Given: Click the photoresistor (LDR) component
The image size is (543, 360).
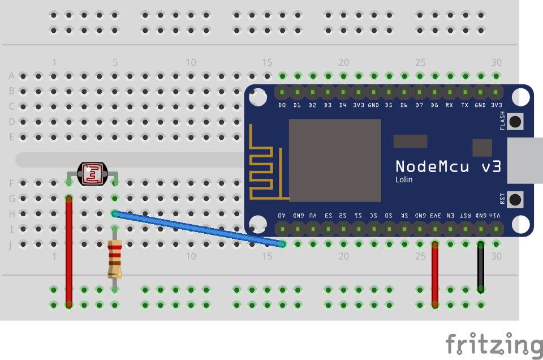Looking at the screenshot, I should tap(92, 174).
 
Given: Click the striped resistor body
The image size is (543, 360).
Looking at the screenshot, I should tap(115, 259).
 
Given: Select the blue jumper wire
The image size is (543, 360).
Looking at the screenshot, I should tap(198, 229).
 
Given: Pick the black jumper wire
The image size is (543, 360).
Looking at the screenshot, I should tap(481, 267).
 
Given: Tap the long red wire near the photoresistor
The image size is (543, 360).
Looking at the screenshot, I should tap(69, 252).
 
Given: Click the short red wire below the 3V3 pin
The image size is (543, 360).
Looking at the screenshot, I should tap(435, 275).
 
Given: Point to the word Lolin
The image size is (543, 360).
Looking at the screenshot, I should tap(404, 180).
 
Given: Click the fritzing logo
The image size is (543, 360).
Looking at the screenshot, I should tap(493, 344).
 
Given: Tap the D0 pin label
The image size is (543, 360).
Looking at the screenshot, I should tap(282, 105).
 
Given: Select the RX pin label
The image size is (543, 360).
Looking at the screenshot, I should tap(449, 105).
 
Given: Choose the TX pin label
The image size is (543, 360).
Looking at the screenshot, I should tap(464, 105).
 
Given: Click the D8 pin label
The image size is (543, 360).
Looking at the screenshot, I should tap(434, 105).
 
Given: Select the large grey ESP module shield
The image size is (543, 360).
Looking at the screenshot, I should tap(335, 160).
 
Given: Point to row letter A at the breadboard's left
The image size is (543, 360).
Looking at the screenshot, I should tap(11, 76).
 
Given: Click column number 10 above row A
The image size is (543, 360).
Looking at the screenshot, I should tap(191, 62).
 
